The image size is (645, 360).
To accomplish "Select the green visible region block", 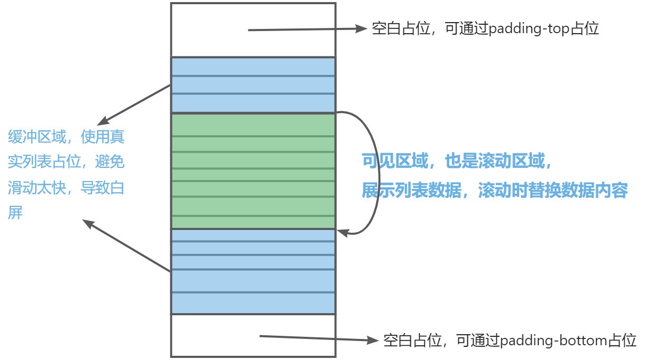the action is point(253,171).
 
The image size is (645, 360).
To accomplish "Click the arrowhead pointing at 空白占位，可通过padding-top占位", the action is point(361,29).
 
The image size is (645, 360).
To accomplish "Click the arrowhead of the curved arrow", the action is point(342,232).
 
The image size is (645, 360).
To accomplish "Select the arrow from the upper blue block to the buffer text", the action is point(137,104).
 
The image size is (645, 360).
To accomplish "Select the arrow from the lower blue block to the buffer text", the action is point(126,245).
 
